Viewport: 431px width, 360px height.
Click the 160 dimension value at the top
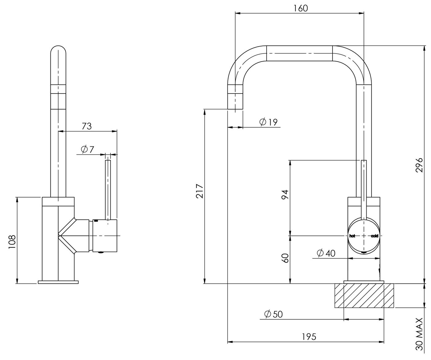click(x=300, y=8)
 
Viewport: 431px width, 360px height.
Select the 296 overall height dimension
click(x=419, y=165)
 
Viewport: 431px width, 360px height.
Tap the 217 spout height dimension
click(x=200, y=191)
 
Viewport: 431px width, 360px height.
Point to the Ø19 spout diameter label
click(x=268, y=122)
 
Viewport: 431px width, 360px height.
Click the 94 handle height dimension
click(x=285, y=195)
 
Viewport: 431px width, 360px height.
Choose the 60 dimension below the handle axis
click(x=285, y=258)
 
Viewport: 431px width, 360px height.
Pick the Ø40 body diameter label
click(x=326, y=253)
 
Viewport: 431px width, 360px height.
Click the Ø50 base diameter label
click(x=273, y=314)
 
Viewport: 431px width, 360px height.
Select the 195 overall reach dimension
click(x=309, y=337)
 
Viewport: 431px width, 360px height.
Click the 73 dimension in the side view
click(x=87, y=126)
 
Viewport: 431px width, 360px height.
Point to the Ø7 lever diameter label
click(x=87, y=150)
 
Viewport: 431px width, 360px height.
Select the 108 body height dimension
click(x=12, y=242)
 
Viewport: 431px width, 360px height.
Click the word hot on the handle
click(x=352, y=236)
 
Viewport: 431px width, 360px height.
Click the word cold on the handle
click(x=374, y=236)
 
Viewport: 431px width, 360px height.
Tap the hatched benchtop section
click(x=364, y=296)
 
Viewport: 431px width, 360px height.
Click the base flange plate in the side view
click(x=58, y=282)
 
